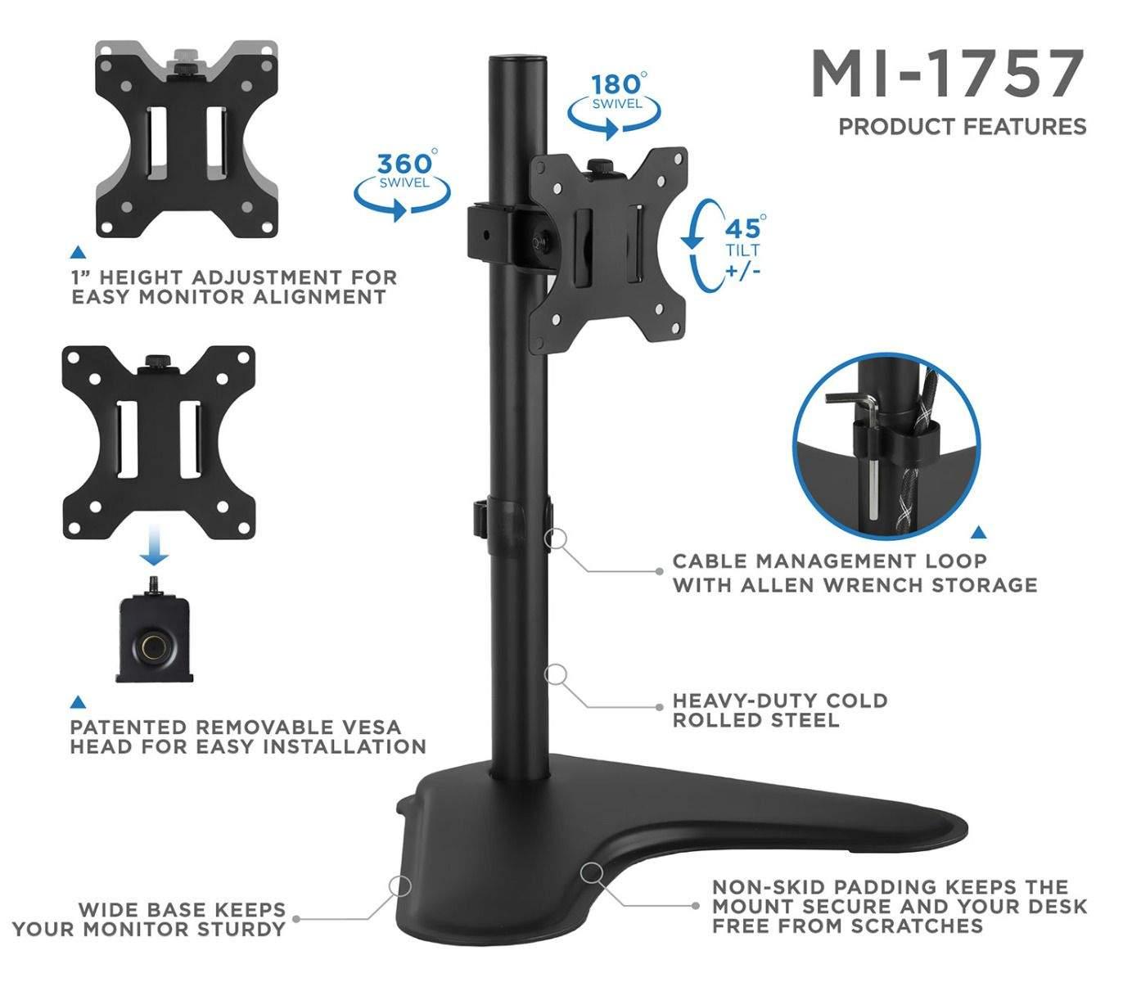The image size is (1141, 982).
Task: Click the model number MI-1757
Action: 947,74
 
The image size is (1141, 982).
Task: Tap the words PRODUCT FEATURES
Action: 962,126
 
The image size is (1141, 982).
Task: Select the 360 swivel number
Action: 404,164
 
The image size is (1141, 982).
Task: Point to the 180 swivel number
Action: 616,85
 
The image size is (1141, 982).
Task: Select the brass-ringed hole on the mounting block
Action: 155,645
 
